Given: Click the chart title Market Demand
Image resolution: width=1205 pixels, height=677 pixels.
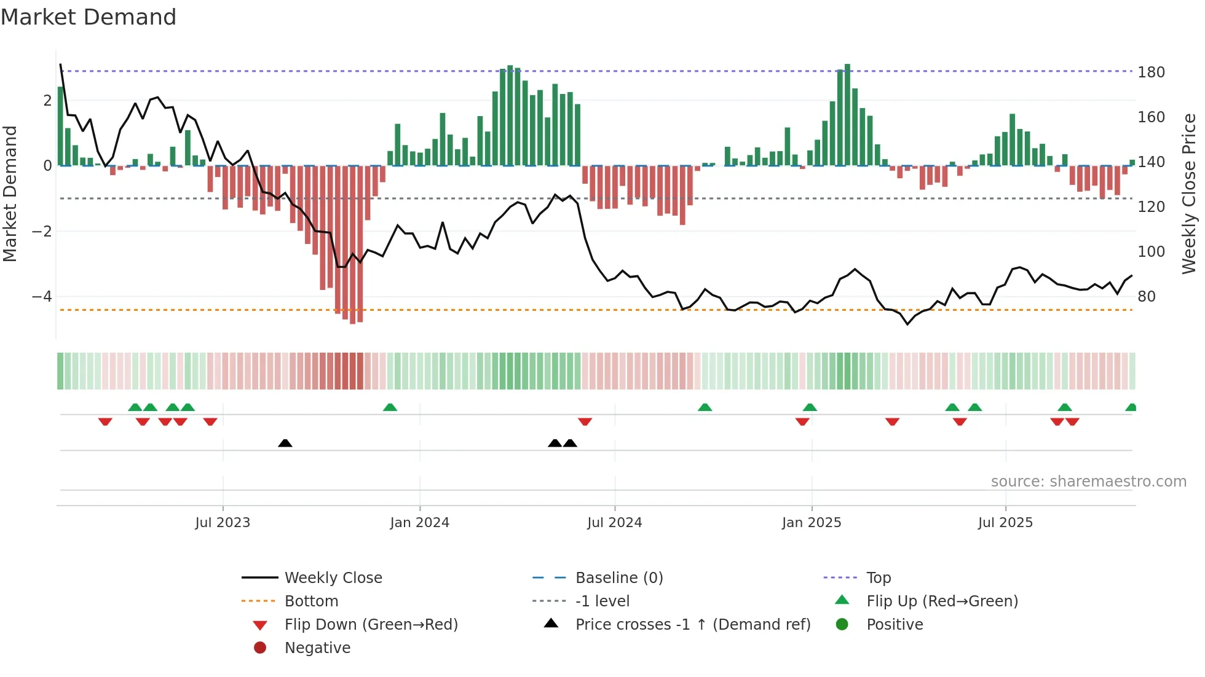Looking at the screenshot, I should point(89,17).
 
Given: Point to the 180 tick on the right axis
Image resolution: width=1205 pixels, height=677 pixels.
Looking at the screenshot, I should point(1151,72).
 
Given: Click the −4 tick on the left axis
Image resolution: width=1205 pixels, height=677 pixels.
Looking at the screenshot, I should point(42,297).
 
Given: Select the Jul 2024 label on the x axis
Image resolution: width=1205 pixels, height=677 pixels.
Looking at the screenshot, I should point(614,523).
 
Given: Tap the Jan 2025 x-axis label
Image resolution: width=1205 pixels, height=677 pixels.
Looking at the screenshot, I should point(811,523).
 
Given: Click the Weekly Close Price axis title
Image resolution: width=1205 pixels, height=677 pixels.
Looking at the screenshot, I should point(1189,194).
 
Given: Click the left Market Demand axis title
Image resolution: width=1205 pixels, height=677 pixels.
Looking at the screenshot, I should point(10,194).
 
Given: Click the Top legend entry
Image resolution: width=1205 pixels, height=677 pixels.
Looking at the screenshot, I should point(879,578).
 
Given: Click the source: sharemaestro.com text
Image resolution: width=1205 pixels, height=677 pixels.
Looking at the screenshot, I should point(1088,482).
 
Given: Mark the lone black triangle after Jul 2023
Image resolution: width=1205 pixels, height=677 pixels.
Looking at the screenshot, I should point(285,443).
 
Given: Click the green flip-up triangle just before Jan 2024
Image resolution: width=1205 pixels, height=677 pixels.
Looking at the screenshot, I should point(390,407).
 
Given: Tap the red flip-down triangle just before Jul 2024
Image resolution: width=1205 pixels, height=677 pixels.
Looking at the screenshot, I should point(585,421).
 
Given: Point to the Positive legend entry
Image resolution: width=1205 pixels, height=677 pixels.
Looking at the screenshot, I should point(895,625).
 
